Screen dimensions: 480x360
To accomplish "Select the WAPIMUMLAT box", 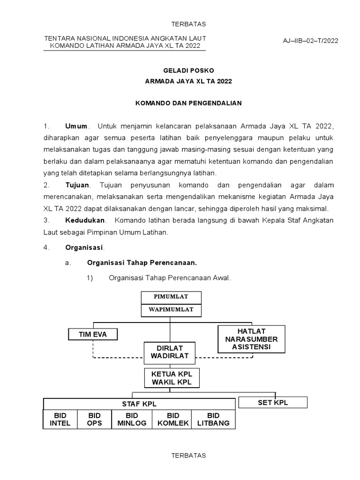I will click(171, 310).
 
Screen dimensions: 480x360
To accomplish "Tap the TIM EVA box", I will click(93, 334).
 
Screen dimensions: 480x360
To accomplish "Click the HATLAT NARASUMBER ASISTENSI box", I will click(251, 339).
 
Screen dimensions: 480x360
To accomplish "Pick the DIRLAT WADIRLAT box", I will click(170, 352).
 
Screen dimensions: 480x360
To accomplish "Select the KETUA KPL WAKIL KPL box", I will click(172, 378).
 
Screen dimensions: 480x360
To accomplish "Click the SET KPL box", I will click(273, 403).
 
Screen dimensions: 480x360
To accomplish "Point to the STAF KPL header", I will click(139, 404).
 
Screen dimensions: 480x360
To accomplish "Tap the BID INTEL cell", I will click(60, 419).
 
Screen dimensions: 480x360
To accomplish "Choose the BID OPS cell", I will click(94, 419).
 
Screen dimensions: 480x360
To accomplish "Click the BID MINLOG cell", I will click(132, 419).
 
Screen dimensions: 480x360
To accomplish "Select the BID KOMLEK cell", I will click(173, 419).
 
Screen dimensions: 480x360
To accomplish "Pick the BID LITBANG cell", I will click(213, 419).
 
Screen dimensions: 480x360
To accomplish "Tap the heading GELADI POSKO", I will click(188, 70).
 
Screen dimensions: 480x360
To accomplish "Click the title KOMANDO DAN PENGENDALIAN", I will click(188, 103).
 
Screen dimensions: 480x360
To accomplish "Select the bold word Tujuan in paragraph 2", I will click(76, 186).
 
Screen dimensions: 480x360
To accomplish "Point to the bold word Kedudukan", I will click(85, 220).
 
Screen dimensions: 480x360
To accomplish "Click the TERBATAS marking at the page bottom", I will click(188, 455).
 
